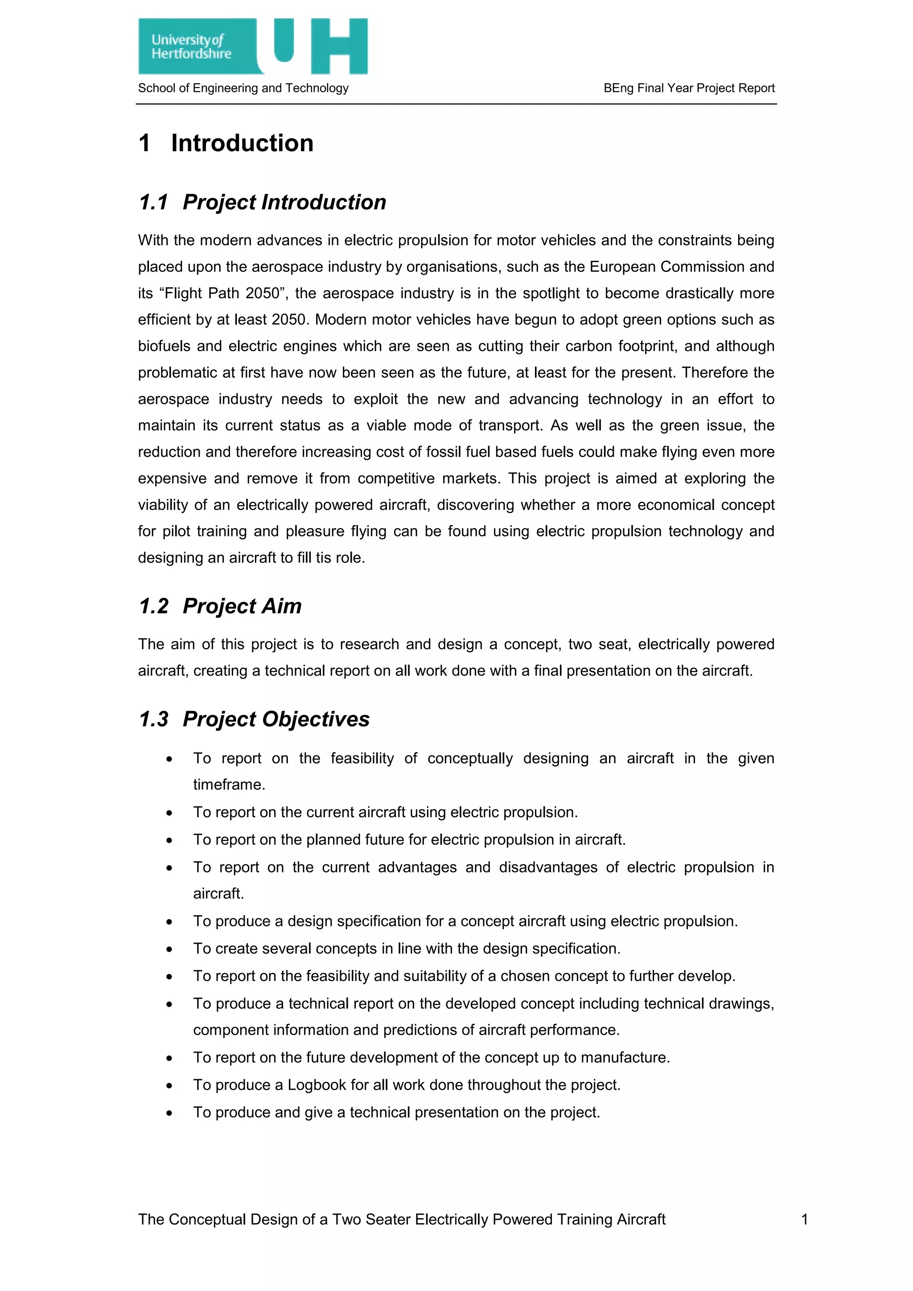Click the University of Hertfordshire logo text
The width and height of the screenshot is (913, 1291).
coord(191,47)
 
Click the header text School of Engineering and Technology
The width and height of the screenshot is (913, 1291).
coord(243,88)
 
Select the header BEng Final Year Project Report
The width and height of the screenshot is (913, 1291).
coord(689,88)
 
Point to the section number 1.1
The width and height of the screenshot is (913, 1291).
coord(153,202)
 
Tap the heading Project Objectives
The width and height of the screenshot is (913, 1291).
coord(276,719)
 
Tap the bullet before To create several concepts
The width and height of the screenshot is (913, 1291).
coord(169,949)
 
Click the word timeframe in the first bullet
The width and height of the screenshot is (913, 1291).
coord(229,785)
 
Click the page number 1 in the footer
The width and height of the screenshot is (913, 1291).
coord(805,1219)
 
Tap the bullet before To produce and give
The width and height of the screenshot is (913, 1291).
coord(169,1113)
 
